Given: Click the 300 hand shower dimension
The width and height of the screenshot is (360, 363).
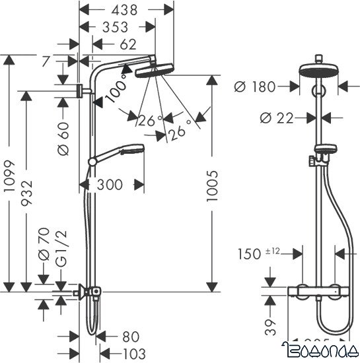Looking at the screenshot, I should pos(110,185).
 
